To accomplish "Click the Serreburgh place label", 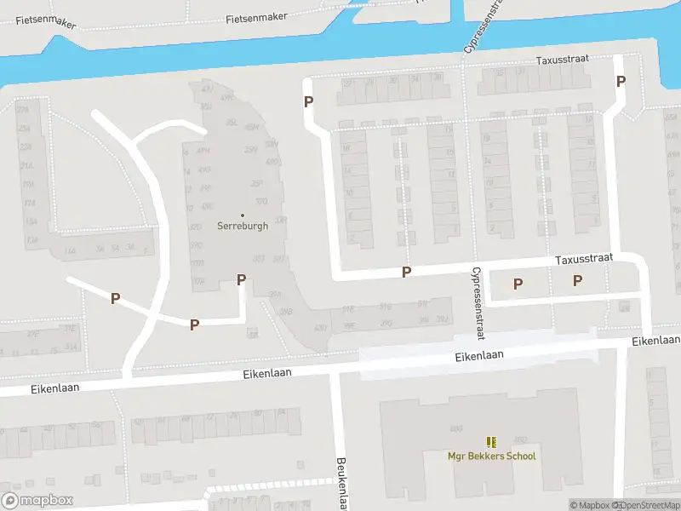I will pyautogui.click(x=243, y=227).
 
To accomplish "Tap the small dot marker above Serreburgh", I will pyautogui.click(x=243, y=215).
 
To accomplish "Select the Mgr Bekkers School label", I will pyautogui.click(x=492, y=456).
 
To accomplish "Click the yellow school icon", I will pyautogui.click(x=491, y=441).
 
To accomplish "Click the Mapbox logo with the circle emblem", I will pyautogui.click(x=37, y=501).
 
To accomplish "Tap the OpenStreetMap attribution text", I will pyautogui.click(x=649, y=506).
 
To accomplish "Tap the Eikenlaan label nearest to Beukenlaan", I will pyautogui.click(x=268, y=373).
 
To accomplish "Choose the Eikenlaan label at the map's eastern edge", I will pyautogui.click(x=656, y=341).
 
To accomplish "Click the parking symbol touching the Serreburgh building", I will pyautogui.click(x=241, y=279).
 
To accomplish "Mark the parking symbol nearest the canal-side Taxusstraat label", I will pyautogui.click(x=621, y=82).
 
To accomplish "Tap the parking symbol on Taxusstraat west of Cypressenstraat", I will pyautogui.click(x=406, y=272).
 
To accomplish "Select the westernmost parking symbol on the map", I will pyautogui.click(x=115, y=298).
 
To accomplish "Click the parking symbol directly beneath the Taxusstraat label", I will pyautogui.click(x=577, y=280).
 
